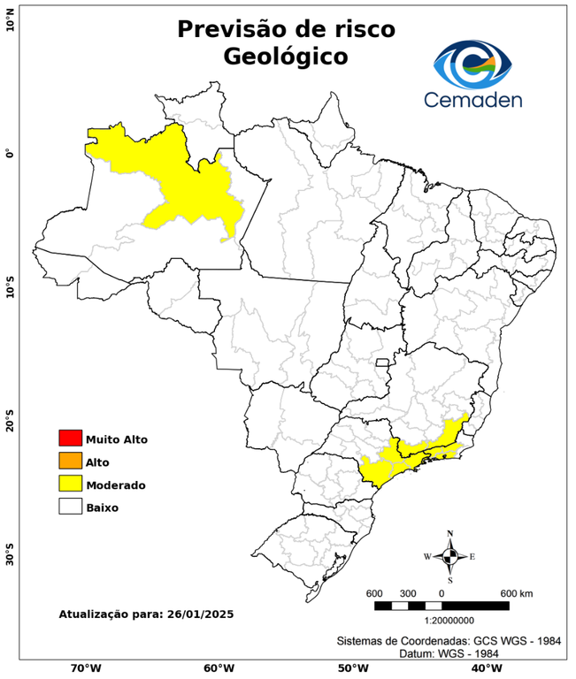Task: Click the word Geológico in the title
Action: click(x=286, y=57)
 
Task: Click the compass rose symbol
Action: click(x=450, y=556)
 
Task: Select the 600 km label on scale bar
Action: click(x=517, y=592)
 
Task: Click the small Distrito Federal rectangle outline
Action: click(x=383, y=362)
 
